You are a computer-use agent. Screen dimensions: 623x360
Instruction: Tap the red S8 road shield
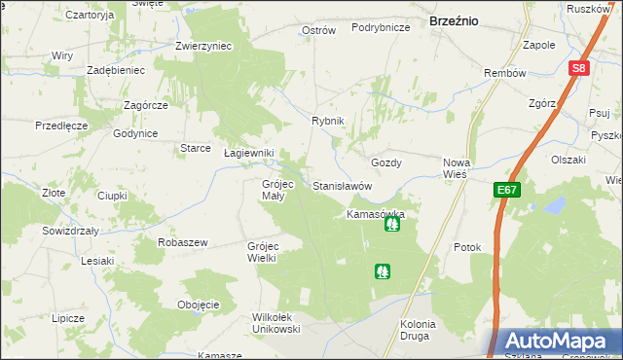click(x=579, y=68)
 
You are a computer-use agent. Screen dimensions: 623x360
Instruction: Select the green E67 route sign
click(x=506, y=191)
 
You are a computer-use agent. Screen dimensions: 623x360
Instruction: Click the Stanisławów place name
click(x=343, y=185)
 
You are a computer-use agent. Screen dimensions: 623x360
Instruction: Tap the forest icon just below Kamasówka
click(x=392, y=226)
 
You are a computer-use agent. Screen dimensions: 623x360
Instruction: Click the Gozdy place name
click(x=386, y=162)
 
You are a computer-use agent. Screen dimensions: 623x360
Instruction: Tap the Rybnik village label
click(x=328, y=120)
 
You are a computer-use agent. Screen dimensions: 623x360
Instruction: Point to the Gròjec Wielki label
click(x=264, y=252)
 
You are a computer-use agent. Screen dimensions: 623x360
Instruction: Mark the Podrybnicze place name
click(x=380, y=28)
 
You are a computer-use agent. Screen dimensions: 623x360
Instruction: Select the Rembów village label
click(x=504, y=74)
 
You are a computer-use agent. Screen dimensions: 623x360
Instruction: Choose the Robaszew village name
click(x=183, y=242)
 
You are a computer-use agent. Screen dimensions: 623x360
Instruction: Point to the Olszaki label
click(x=568, y=159)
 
